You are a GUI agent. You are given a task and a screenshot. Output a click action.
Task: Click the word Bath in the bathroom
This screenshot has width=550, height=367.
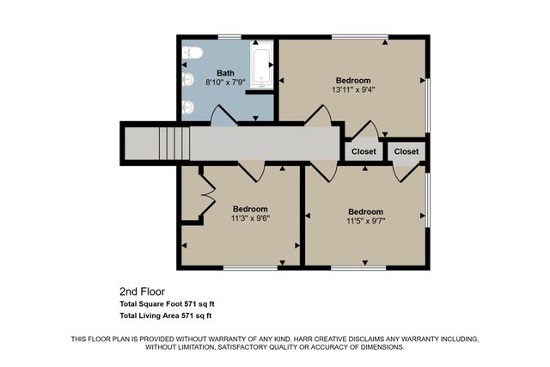[225, 73]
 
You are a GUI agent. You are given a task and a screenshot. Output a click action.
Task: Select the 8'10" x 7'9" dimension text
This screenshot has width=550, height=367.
[225, 83]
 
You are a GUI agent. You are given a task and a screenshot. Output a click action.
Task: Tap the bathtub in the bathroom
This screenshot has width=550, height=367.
[261, 66]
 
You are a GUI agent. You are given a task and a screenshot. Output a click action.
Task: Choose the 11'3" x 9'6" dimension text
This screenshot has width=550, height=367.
[250, 218]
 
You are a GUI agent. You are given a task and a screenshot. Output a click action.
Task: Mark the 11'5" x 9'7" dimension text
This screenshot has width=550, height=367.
[365, 221]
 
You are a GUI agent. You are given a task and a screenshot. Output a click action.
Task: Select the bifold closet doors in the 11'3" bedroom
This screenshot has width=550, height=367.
[206, 194]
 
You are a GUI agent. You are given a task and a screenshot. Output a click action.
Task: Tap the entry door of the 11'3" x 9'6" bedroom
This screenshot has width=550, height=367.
[251, 170]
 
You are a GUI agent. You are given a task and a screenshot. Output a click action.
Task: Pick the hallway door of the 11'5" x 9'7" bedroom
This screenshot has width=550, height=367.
[323, 170]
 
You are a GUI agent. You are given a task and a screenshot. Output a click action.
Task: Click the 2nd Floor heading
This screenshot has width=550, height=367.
[141, 291]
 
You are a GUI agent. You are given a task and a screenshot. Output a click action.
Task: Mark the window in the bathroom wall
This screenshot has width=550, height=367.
[229, 37]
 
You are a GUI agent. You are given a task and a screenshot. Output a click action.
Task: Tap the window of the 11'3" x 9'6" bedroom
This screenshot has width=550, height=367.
[250, 267]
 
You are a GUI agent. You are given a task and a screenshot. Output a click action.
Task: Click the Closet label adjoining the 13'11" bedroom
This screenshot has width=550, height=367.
[364, 151]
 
